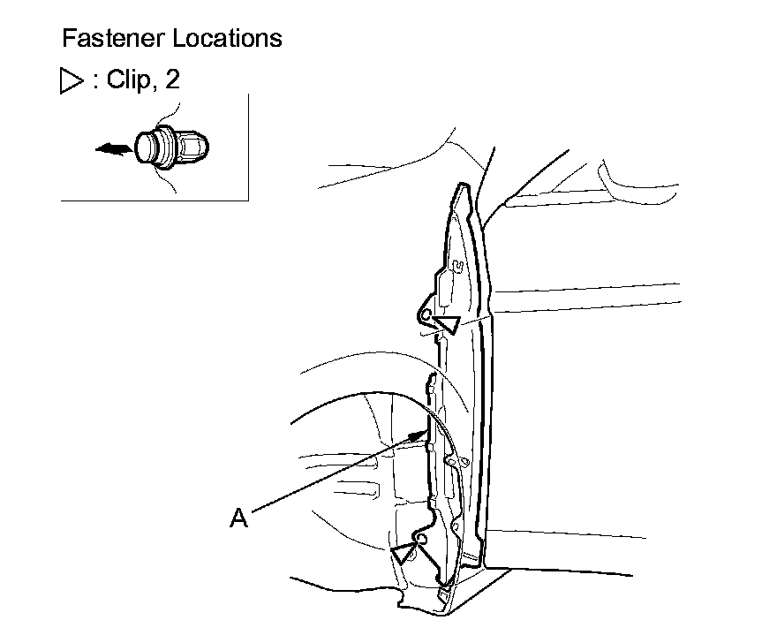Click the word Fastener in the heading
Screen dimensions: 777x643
coord(110,39)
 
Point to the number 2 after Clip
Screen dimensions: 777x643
coord(172,79)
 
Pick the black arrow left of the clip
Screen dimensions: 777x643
coord(113,150)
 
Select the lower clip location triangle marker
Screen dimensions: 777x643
coord(405,555)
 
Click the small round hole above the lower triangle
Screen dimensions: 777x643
coord(421,537)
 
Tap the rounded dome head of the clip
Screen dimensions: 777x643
coord(148,148)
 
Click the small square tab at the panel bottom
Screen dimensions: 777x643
coord(444,583)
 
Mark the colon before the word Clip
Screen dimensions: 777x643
coord(96,80)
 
